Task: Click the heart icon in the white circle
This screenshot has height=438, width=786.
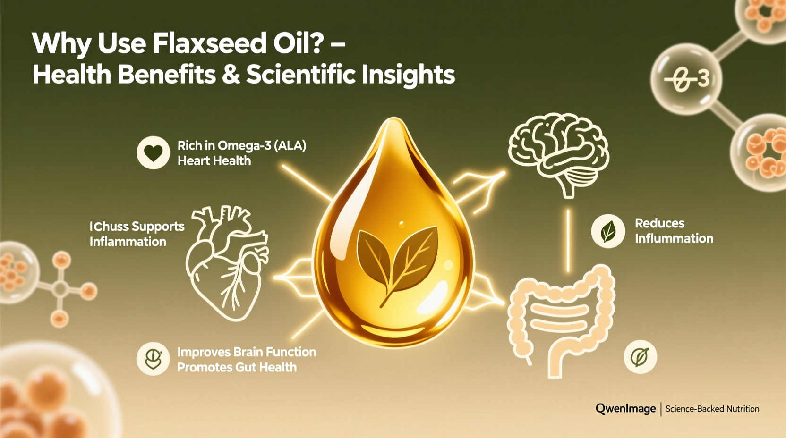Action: (153, 152)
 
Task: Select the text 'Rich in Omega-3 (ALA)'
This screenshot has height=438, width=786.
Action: (242, 145)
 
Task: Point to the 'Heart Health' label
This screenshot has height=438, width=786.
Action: (214, 161)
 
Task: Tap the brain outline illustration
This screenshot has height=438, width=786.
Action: (559, 151)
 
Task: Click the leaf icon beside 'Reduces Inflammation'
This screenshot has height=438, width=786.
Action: (608, 231)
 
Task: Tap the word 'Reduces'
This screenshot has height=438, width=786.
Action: (659, 223)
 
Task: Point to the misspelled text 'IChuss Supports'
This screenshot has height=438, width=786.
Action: (137, 227)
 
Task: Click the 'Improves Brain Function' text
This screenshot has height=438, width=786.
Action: (247, 352)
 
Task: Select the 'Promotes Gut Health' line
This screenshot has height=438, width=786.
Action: (237, 367)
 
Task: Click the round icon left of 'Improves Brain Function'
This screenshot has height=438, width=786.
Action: (153, 359)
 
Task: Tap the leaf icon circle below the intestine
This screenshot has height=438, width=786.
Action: (640, 357)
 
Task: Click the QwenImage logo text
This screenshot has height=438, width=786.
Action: (625, 409)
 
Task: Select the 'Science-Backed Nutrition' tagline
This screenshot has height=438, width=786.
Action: (712, 409)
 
